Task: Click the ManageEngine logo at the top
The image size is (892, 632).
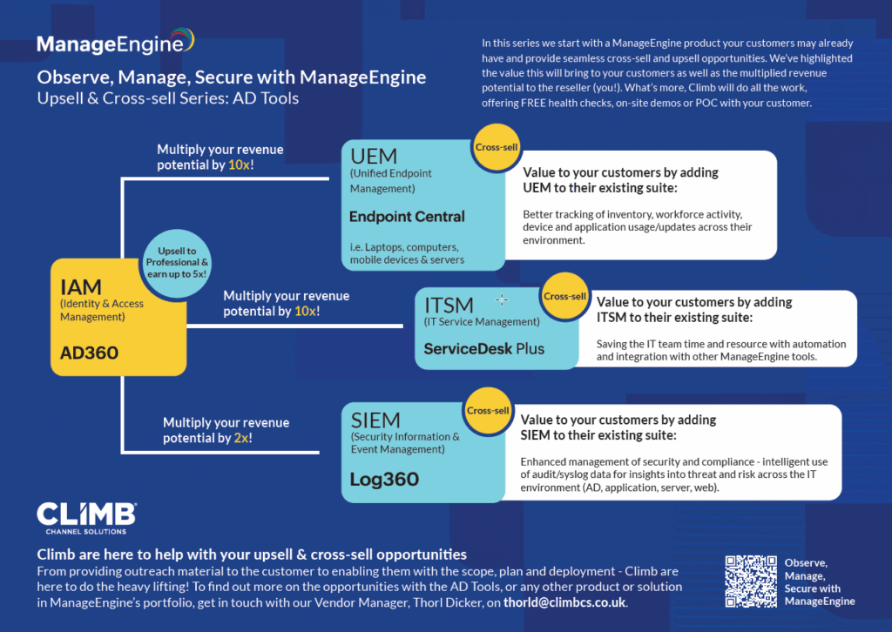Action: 116,42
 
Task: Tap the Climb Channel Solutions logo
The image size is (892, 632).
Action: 86,518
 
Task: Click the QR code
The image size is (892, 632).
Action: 751,582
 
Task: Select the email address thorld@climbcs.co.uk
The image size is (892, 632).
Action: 564,602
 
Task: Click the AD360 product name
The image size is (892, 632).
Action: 90,353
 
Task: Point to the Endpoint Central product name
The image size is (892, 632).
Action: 407,217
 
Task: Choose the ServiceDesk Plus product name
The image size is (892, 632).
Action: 484,348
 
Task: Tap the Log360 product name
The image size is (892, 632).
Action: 384,479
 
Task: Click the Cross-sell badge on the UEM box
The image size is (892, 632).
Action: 496,147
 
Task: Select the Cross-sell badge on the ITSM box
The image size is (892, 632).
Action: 564,296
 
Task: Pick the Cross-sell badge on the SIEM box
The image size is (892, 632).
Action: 488,411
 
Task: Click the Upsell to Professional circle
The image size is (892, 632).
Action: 177,263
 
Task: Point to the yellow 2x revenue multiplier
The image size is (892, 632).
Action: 240,438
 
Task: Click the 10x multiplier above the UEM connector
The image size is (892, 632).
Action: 239,165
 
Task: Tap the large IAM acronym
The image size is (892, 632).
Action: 81,287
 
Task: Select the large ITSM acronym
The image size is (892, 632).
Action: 449,306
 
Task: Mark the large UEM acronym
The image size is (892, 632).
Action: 374,156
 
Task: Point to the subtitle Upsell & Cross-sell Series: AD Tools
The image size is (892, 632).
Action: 168,98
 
